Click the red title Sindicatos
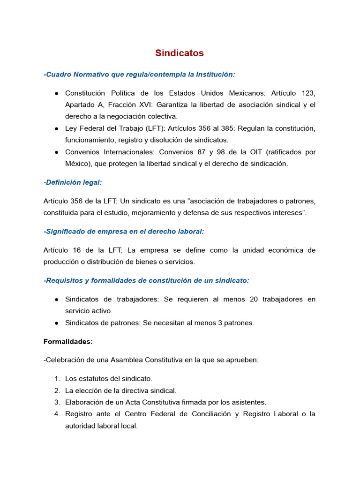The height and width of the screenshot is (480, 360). tap(180, 53)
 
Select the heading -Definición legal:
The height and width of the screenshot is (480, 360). tap(72, 182)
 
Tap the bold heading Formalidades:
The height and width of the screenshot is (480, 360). tap(68, 342)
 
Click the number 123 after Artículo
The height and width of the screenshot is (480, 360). tap(308, 93)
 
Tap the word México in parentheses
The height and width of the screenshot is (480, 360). tap(77, 164)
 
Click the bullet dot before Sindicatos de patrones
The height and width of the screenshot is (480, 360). tap(56, 323)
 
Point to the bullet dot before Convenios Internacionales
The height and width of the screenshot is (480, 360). tap(56, 152)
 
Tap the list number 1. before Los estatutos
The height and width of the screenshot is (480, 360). tap(57, 379)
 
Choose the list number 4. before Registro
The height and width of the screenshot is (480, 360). tap(57, 414)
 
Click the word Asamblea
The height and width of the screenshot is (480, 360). tap(126, 360)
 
